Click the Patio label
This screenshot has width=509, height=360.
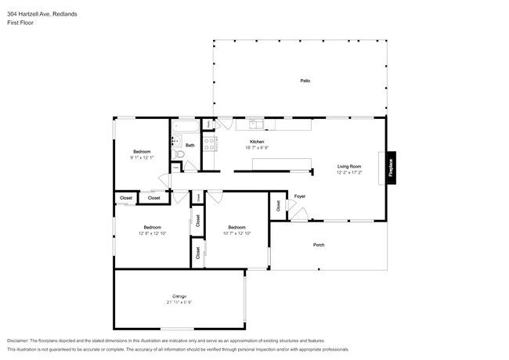pyautogui.click(x=305, y=81)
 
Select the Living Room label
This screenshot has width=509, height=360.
pyautogui.click(x=349, y=166)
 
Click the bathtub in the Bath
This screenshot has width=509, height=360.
pyautogui.click(x=186, y=125)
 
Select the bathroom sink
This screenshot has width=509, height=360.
pyautogui.click(x=175, y=141)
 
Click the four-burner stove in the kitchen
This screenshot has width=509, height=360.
pyautogui.click(x=210, y=144)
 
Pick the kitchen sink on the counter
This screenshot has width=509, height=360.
pyautogui.click(x=256, y=124)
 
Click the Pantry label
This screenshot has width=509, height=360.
pyautogui.click(x=209, y=124)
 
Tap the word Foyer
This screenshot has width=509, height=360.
pyautogui.click(x=299, y=196)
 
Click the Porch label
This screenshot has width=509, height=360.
pyautogui.click(x=319, y=245)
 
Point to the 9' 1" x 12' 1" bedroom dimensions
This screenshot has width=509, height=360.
pyautogui.click(x=142, y=157)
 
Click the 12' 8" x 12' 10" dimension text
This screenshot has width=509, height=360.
pyautogui.click(x=152, y=233)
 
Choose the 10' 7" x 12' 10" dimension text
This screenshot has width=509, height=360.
pyautogui.click(x=236, y=233)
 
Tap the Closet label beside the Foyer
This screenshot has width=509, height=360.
pyautogui.click(x=278, y=206)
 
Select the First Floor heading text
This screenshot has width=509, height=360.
pyautogui.click(x=20, y=22)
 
